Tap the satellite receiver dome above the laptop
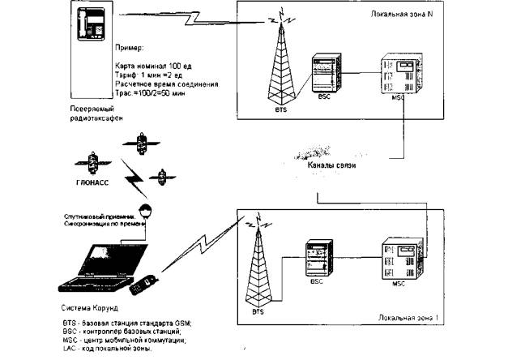[x=145, y=212]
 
